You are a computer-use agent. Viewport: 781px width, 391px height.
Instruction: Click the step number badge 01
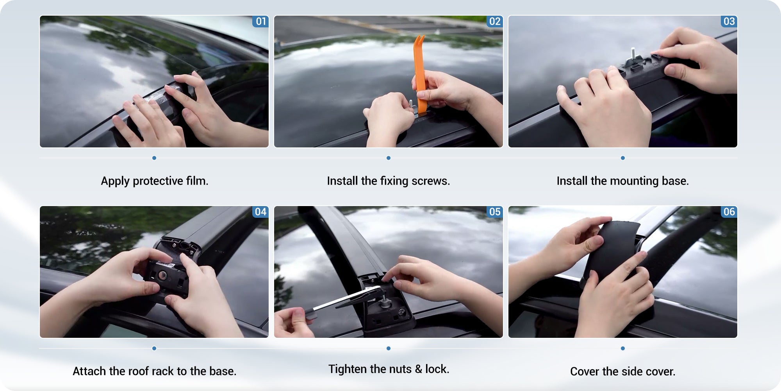[260, 21]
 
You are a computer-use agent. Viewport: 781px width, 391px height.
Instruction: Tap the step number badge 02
[495, 21]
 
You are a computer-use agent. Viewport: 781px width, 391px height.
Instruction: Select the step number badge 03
[729, 21]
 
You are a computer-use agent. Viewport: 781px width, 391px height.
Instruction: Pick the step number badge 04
[260, 212]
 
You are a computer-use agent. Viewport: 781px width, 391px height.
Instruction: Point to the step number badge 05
[495, 212]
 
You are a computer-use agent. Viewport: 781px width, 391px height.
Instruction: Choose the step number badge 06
[729, 212]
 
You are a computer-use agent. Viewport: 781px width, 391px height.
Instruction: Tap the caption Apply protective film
[155, 181]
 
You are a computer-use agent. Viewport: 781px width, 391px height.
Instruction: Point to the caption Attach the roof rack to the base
[155, 371]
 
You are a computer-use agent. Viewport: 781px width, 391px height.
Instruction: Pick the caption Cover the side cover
[623, 371]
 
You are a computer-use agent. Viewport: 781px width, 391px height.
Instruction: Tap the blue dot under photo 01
[154, 158]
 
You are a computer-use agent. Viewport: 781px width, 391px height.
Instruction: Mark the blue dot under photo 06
[623, 348]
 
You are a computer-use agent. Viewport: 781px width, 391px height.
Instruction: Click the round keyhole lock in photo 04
[163, 276]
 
